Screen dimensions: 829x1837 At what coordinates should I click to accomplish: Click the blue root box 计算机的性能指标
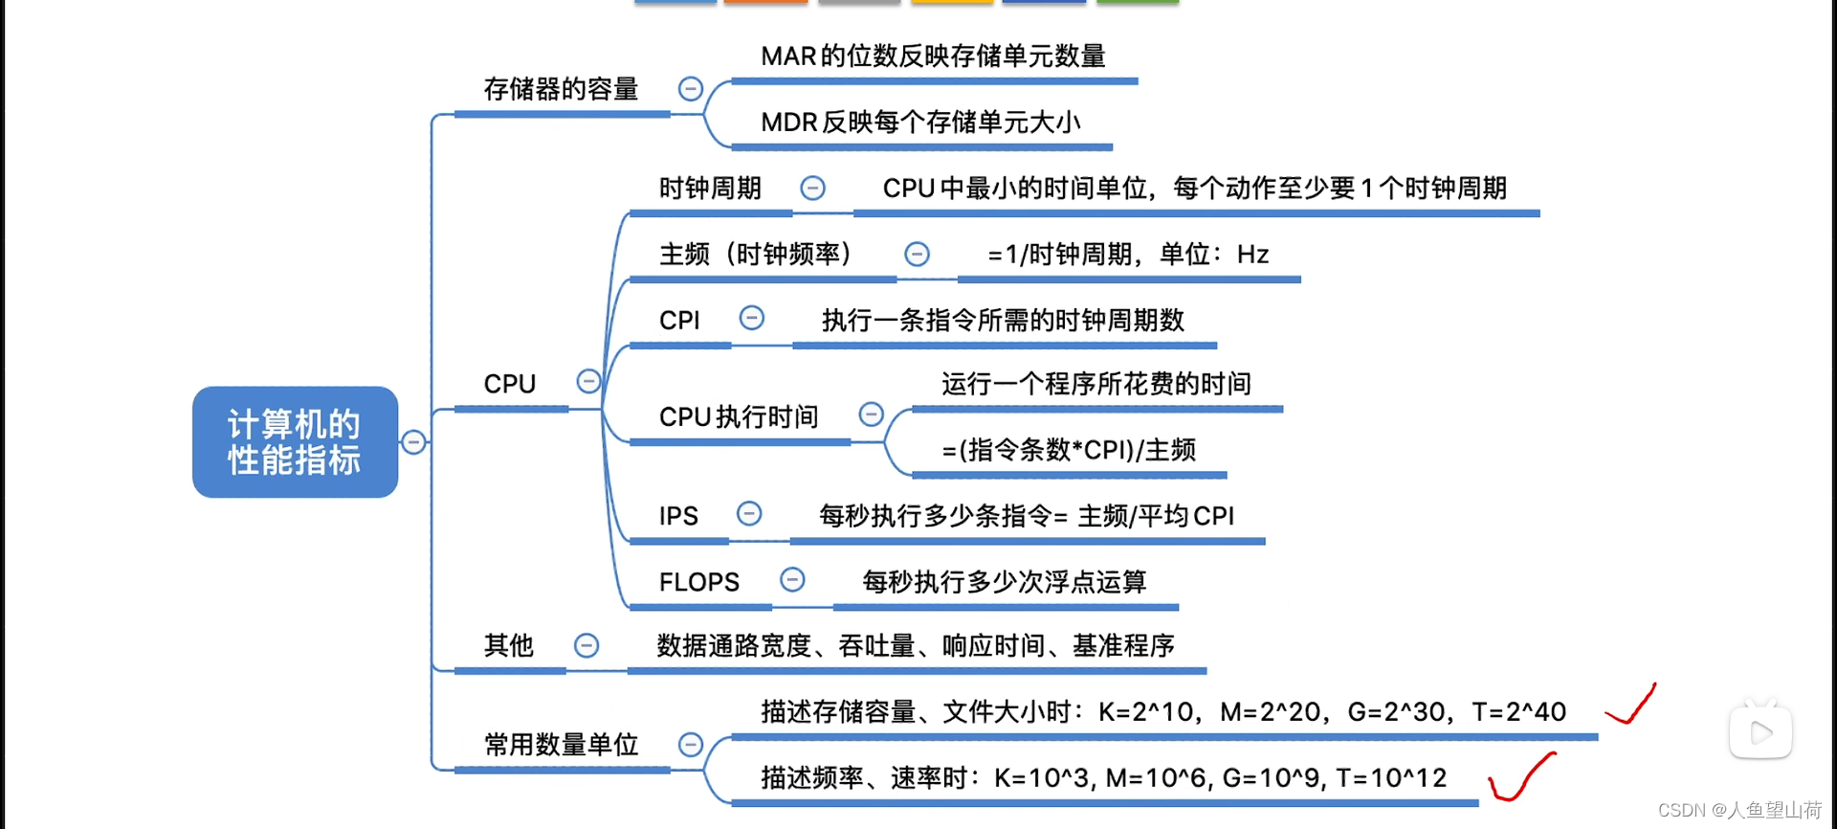pyautogui.click(x=295, y=442)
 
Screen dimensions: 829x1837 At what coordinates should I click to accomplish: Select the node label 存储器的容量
pyautogui.click(x=561, y=90)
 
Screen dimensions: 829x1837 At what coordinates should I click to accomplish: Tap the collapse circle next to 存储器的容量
pyautogui.click(x=690, y=89)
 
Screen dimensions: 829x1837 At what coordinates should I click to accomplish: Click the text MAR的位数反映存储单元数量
pyautogui.click(x=933, y=56)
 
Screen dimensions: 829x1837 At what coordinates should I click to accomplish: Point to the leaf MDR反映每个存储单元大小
pyautogui.click(x=920, y=123)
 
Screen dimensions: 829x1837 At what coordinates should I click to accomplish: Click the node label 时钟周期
pyautogui.click(x=710, y=189)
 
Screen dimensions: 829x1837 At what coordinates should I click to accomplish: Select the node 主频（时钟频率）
pyautogui.click(x=756, y=255)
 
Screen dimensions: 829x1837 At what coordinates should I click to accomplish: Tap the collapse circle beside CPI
pyautogui.click(x=752, y=318)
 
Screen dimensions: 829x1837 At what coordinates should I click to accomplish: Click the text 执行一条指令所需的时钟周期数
pyautogui.click(x=1003, y=321)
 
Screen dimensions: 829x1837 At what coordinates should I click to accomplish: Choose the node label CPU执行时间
pyautogui.click(x=739, y=417)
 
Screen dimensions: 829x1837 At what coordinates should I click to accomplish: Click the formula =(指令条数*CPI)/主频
pyautogui.click(x=1069, y=450)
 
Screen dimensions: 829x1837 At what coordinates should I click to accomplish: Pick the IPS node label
pyautogui.click(x=678, y=517)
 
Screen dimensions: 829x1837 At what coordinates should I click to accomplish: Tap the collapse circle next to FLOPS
pyautogui.click(x=792, y=579)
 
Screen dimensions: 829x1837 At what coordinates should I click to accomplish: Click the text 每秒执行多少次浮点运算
pyautogui.click(x=1005, y=582)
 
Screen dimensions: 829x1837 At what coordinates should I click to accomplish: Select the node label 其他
pyautogui.click(x=508, y=646)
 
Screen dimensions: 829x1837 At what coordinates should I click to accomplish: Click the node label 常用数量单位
pyautogui.click(x=561, y=745)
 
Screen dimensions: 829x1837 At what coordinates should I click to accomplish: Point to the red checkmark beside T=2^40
pyautogui.click(x=1632, y=706)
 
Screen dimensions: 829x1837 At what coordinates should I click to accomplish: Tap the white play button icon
pyautogui.click(x=1760, y=733)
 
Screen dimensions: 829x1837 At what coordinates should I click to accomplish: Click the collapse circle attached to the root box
pyautogui.click(x=413, y=442)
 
